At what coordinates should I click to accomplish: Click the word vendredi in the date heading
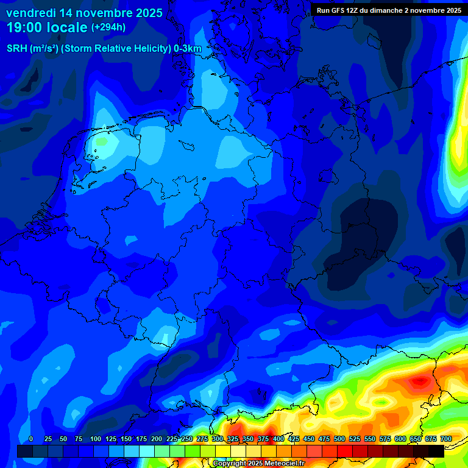click(x=30, y=13)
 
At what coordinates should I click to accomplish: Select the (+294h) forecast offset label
click(x=108, y=27)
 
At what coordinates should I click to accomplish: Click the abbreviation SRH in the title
click(x=18, y=49)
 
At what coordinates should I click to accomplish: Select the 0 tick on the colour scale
click(x=31, y=439)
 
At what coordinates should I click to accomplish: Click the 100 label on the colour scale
click(x=96, y=439)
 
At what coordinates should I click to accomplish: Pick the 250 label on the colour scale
click(x=187, y=439)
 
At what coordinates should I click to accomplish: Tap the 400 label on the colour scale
click(x=278, y=439)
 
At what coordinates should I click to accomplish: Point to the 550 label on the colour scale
click(x=370, y=439)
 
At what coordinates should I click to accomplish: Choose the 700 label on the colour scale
click(x=446, y=439)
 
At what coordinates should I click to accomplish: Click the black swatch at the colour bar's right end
click(x=436, y=451)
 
